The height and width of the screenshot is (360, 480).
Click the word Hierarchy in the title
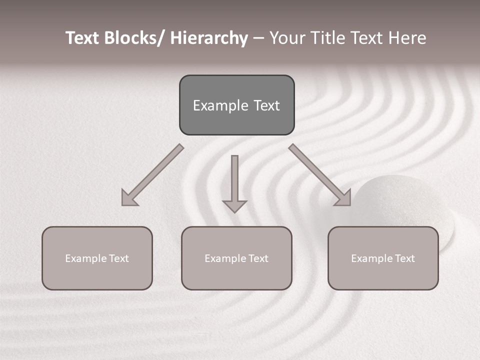209,38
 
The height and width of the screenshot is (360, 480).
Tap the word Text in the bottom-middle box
257,258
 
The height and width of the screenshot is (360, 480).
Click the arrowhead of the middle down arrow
234,205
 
